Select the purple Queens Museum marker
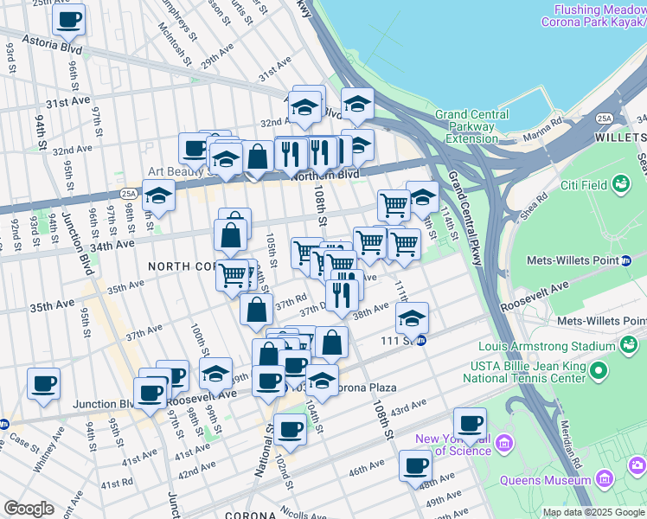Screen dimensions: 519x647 click(x=605, y=477)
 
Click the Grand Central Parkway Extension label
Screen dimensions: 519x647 click(x=466, y=126)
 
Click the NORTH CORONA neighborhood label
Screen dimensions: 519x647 click(x=179, y=266)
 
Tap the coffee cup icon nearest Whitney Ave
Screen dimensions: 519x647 click(x=43, y=384)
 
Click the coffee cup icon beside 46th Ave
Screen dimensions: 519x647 click(x=415, y=466)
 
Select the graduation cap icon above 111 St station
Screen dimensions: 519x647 click(x=413, y=317)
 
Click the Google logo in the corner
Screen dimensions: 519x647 click(x=28, y=509)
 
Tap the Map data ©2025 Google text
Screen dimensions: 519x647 click(x=593, y=512)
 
